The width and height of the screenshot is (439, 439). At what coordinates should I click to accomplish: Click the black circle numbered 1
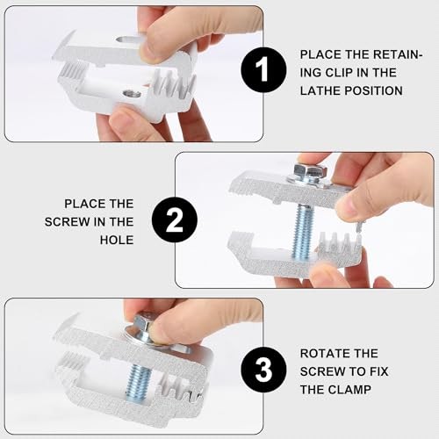pos(263,70)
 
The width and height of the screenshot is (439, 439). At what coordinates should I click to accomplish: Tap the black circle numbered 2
pos(175,220)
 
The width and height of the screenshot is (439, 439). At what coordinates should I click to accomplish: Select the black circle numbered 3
pos(263,370)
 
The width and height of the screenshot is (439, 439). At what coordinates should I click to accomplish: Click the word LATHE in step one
pos(319,90)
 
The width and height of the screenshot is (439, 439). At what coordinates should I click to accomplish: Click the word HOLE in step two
pos(117,240)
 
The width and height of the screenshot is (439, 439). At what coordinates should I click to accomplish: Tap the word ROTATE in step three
pos(320,354)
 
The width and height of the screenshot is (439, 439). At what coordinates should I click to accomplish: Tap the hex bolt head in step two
pos(310,170)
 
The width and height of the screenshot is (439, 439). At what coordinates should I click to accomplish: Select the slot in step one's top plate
pos(127,39)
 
